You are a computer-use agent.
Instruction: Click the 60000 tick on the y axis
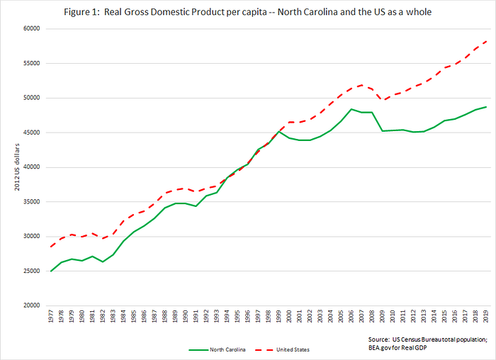[32, 28]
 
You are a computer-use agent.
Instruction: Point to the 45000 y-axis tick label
[32, 133]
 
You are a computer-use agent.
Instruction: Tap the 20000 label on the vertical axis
[32, 305]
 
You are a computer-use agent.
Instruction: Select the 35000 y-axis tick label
[32, 202]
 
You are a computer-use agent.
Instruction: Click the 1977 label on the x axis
[51, 316]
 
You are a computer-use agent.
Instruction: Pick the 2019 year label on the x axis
[486, 316]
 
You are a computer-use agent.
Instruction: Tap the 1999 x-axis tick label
[278, 316]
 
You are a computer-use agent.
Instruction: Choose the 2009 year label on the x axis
[383, 316]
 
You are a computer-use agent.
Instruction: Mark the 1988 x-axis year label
[165, 316]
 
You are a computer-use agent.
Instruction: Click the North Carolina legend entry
[217, 349]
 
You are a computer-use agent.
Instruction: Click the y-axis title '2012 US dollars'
[17, 167]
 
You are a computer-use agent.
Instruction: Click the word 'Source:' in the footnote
[378, 339]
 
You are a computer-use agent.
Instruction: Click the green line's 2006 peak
[351, 109]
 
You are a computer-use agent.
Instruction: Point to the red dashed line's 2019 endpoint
[486, 41]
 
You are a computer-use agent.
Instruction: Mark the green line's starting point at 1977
[51, 271]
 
